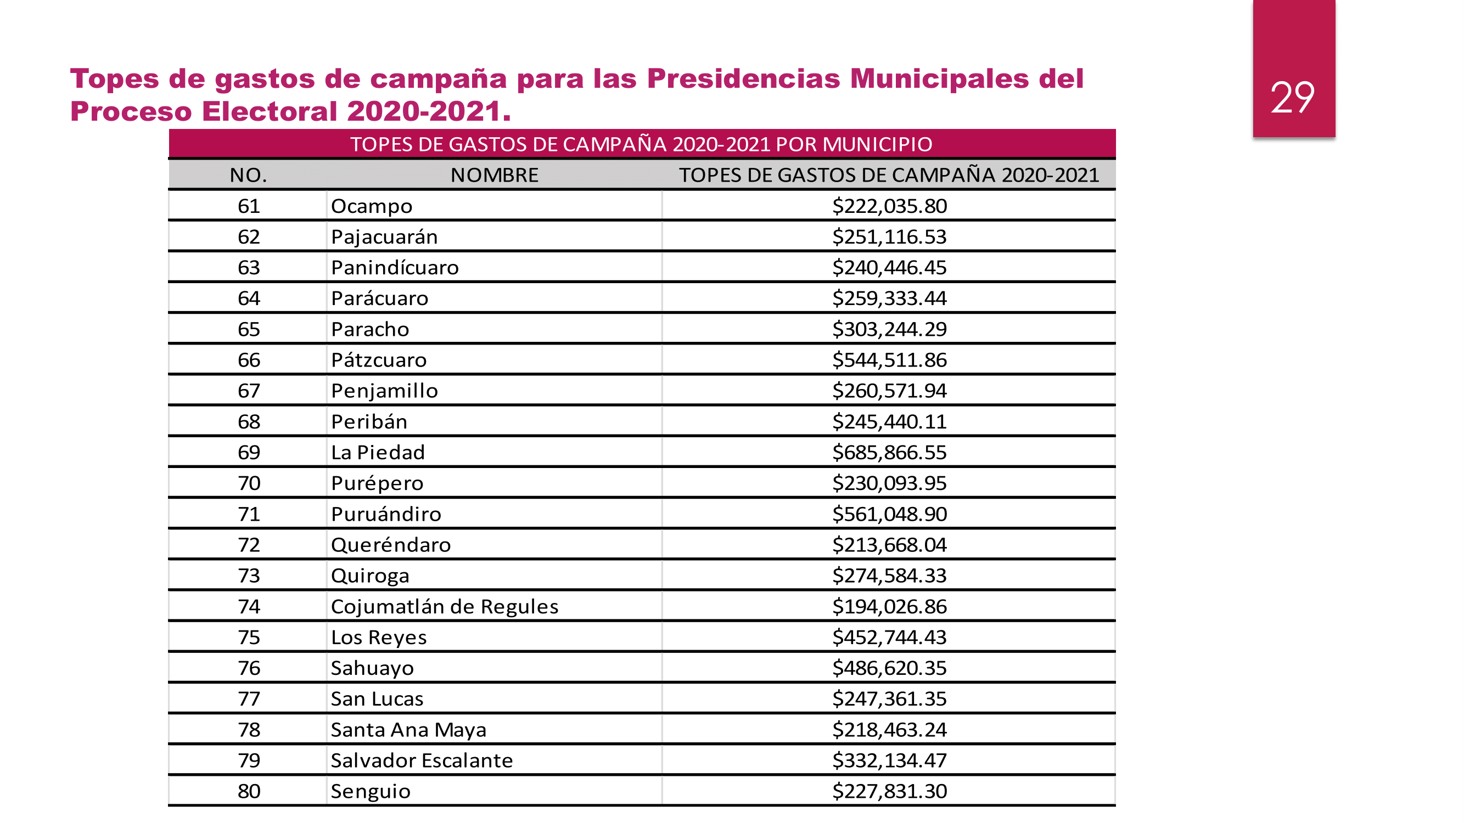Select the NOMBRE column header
click(494, 175)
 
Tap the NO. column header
click(248, 175)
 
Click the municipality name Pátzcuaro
click(379, 360)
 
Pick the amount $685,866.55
click(889, 453)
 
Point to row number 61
click(249, 206)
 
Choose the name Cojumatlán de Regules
click(445, 607)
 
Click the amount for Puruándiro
click(889, 514)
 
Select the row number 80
click(249, 791)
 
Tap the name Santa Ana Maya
click(408, 730)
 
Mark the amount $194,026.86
click(889, 607)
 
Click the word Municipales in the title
click(939, 78)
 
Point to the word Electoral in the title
click(270, 111)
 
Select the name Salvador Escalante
click(422, 760)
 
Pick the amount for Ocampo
click(889, 206)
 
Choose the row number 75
click(249, 637)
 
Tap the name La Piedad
click(378, 453)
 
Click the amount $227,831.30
click(889, 791)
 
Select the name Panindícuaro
click(395, 268)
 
